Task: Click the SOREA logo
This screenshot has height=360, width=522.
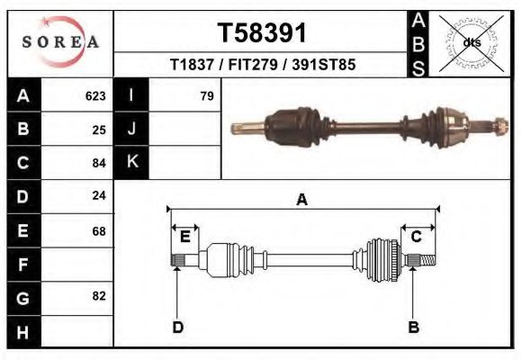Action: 60,42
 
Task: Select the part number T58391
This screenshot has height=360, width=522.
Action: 263,33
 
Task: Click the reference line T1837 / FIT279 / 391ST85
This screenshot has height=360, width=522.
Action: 263,66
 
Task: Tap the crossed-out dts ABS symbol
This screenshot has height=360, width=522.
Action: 472,42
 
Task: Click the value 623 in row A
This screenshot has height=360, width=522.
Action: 95,95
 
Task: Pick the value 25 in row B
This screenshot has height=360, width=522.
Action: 99,130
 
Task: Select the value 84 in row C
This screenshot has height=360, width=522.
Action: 99,163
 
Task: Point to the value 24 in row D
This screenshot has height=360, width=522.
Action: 99,195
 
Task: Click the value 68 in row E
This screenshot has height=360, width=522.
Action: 99,230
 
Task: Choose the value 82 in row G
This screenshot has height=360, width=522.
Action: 99,296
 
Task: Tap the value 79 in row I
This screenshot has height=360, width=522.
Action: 206,95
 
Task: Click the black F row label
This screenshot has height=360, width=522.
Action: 23,265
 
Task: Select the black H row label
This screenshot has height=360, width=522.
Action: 23,331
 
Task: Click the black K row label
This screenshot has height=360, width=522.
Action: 132,163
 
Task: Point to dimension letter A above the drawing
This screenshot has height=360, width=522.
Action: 302,200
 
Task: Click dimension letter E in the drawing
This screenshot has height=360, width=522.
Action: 184,237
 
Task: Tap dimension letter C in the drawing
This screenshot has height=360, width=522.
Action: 417,237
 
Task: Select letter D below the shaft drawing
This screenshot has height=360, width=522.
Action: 178,327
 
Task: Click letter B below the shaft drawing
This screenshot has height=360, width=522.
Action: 414,327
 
